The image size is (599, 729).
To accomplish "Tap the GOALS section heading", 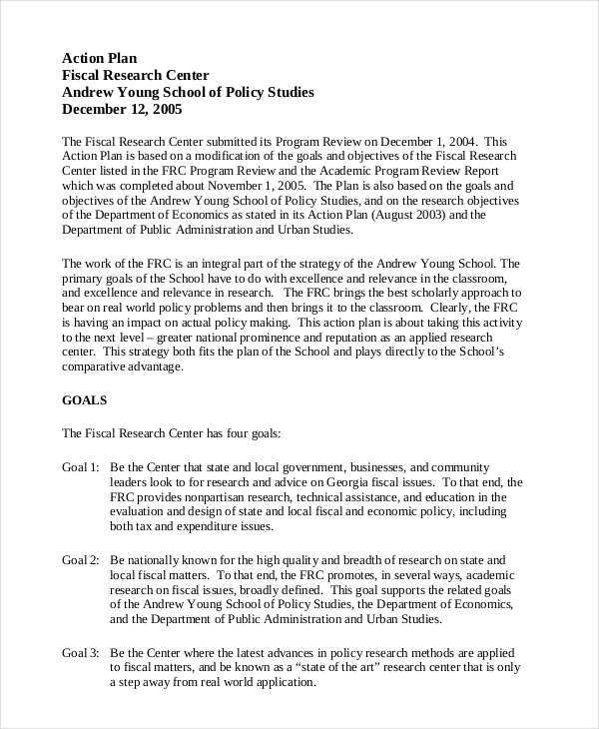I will [84, 399].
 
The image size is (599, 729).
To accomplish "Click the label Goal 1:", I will [81, 466].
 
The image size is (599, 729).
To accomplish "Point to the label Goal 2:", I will [81, 559].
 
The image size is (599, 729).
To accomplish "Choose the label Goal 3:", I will [81, 652].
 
